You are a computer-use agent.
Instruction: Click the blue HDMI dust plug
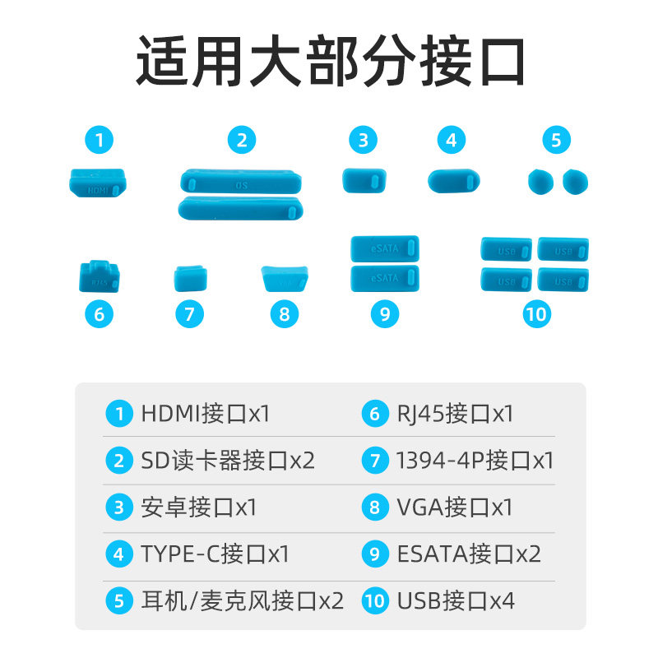click(x=97, y=183)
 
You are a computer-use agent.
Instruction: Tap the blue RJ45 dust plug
click(x=99, y=276)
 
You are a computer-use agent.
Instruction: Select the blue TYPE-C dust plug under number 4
click(x=454, y=181)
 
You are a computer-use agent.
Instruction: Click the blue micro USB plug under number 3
click(x=364, y=180)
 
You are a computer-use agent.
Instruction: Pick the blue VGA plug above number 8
click(x=284, y=278)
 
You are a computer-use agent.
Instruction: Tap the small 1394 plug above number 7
click(x=190, y=278)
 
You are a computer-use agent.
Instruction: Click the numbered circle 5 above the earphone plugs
click(x=556, y=140)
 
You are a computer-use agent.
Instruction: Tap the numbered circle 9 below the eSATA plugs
click(x=384, y=313)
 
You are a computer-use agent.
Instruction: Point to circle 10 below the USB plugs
click(x=535, y=313)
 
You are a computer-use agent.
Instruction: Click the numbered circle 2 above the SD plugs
click(x=241, y=140)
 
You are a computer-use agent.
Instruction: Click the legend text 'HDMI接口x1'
click(x=205, y=413)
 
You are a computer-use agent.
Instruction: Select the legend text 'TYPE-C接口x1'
click(x=215, y=554)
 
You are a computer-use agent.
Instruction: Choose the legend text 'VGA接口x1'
click(x=454, y=507)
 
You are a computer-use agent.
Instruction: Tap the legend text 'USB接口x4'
click(x=456, y=600)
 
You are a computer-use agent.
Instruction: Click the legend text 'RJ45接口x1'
click(x=454, y=413)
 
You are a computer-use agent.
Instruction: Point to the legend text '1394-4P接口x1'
click(x=475, y=460)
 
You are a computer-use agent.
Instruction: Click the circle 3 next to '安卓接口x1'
click(x=119, y=507)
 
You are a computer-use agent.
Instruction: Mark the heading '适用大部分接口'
click(x=330, y=63)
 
